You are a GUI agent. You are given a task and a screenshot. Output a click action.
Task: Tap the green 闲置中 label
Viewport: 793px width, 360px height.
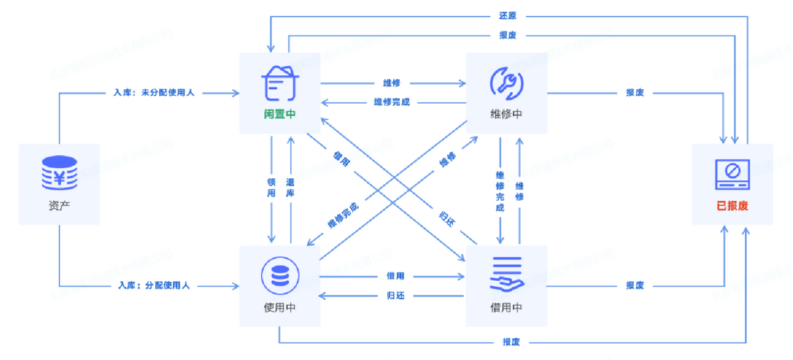[x=280, y=114]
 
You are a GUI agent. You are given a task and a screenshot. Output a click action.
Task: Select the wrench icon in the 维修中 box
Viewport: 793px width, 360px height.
[x=506, y=82]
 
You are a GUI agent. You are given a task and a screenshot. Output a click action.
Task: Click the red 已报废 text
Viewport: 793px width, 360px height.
[x=732, y=205]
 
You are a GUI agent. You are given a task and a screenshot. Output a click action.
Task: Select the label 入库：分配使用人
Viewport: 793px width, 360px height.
[x=154, y=285]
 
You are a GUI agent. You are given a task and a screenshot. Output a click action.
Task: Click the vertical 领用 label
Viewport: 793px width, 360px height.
[x=271, y=188]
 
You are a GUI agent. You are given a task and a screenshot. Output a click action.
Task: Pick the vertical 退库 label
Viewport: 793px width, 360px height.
[x=290, y=188]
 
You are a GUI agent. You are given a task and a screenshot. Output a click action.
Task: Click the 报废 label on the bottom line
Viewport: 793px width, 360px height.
[x=511, y=342]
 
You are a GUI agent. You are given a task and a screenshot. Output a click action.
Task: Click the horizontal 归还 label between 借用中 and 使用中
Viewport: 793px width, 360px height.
[x=395, y=295]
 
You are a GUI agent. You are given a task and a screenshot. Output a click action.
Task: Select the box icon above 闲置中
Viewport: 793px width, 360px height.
[x=280, y=82]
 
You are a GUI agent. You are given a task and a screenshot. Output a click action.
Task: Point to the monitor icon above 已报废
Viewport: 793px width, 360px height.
[x=732, y=173]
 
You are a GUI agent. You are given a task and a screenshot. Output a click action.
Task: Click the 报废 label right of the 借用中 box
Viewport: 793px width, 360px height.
[x=634, y=285]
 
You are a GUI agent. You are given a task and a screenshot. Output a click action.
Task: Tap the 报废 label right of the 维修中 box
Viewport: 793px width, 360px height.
[x=634, y=93]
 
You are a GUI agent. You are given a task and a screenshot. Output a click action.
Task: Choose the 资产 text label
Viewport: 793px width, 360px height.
[x=59, y=205]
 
